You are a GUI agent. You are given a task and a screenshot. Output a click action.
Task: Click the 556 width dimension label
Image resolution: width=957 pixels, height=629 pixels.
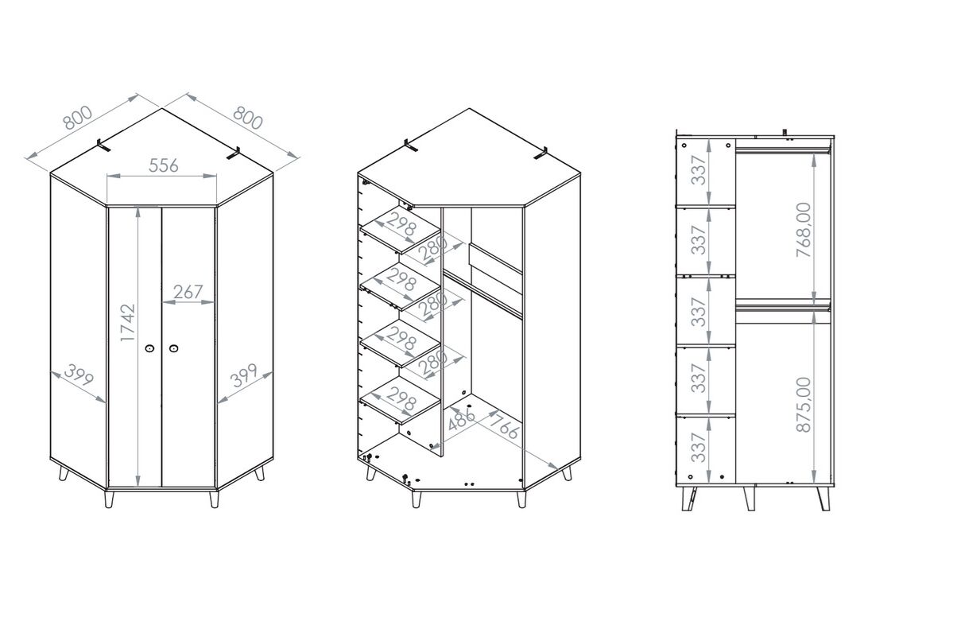(x=163, y=165)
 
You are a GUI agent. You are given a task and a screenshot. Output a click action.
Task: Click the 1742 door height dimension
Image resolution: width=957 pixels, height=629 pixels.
(x=128, y=323)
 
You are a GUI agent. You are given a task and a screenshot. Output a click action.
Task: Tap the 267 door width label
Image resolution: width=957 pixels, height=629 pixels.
(x=188, y=293)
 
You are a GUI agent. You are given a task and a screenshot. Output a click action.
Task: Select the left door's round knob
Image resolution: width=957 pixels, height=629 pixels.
(x=150, y=348)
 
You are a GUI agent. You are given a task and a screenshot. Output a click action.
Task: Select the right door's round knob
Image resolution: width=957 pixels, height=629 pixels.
(x=173, y=348)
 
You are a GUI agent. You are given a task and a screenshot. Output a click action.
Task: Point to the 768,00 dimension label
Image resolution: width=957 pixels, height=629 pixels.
(x=803, y=230)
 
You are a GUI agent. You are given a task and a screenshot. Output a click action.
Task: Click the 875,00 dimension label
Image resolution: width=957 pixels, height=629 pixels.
(x=803, y=405)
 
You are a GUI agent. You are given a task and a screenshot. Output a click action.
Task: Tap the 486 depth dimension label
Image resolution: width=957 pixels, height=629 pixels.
(x=461, y=419)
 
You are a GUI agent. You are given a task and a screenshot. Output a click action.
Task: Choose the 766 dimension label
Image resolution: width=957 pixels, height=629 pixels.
(x=504, y=426)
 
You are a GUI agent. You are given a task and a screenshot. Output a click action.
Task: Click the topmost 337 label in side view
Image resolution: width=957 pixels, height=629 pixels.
(x=699, y=170)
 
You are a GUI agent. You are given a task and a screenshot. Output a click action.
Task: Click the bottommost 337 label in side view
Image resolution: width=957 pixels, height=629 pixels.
(x=699, y=448)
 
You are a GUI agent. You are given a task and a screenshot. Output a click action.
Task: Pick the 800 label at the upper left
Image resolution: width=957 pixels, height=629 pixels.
(x=77, y=118)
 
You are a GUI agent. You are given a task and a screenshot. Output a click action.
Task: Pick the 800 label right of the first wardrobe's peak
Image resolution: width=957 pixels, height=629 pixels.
(x=248, y=118)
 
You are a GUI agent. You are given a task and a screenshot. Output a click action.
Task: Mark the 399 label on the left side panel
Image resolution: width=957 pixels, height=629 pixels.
(x=79, y=375)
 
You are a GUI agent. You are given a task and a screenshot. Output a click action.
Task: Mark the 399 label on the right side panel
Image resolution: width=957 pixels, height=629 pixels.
(x=243, y=375)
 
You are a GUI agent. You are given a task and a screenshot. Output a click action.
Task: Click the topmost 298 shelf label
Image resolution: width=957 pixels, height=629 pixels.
(x=401, y=225)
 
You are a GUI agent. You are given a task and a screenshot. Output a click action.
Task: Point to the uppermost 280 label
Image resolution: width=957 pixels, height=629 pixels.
(x=433, y=250)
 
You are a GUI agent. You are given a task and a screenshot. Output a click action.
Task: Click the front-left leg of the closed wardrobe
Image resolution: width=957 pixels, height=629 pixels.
(x=110, y=499)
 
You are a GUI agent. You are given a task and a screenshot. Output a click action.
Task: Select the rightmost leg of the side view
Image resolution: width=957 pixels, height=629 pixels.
(x=823, y=499)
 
